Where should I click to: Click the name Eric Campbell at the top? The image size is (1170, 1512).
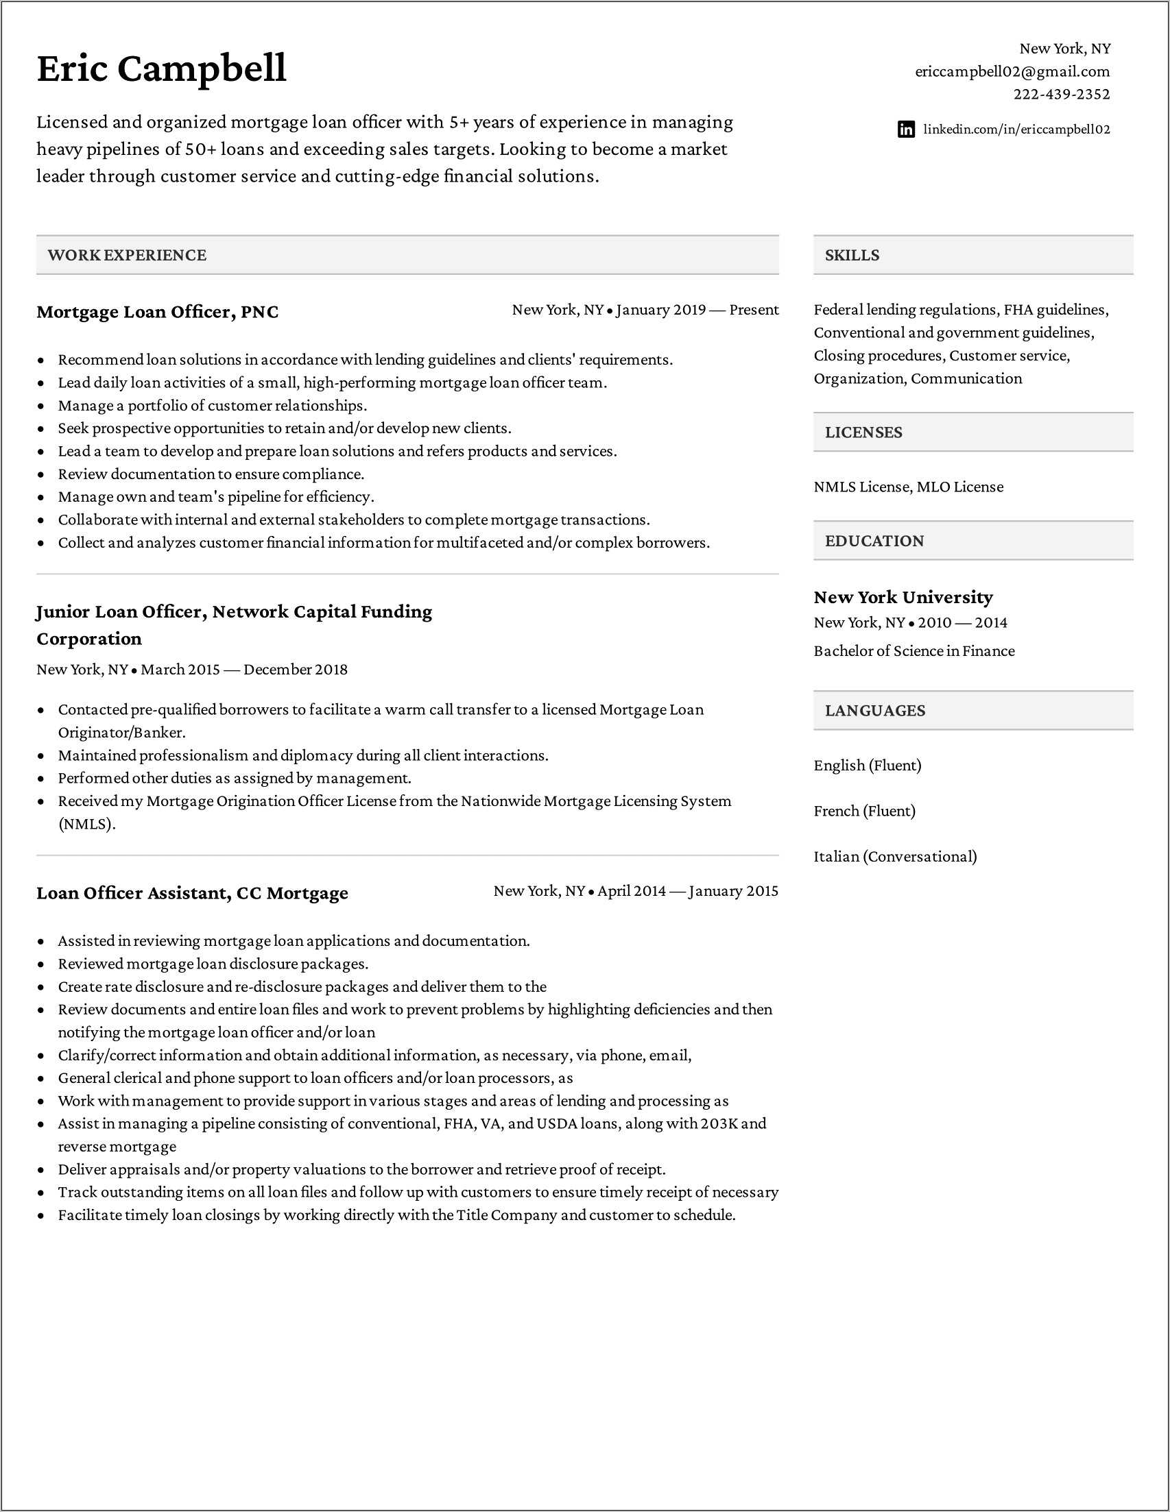161,69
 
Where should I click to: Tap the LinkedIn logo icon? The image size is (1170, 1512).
905,130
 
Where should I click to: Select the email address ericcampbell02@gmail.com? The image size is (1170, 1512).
1012,71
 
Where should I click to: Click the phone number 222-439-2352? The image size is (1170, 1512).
1061,94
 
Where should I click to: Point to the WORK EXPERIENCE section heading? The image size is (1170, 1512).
127,255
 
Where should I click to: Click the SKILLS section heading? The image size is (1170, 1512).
851,255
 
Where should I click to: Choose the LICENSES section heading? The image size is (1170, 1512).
863,432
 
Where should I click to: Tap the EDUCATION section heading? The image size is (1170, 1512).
874,541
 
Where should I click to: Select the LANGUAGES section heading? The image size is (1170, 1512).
875,710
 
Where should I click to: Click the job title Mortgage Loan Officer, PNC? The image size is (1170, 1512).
157,312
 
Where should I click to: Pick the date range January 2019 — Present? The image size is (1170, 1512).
697,310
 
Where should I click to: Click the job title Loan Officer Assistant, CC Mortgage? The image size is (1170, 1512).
192,893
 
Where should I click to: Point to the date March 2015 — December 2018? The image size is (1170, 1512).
244,670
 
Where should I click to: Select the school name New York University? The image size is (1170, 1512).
903,597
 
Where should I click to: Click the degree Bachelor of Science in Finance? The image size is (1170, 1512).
914,650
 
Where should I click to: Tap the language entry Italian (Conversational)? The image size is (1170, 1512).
895,856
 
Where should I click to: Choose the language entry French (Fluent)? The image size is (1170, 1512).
865,811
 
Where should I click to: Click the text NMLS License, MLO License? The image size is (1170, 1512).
908,487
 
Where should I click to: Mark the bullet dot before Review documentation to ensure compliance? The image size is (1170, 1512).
42,475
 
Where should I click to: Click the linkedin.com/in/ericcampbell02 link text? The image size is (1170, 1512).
1016,130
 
